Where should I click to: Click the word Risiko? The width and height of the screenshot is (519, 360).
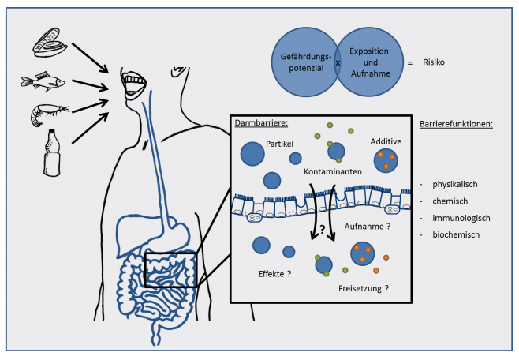pyautogui.click(x=435, y=60)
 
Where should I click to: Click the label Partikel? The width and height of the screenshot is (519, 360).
pyautogui.click(x=282, y=144)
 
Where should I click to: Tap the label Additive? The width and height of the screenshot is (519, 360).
pyautogui.click(x=386, y=140)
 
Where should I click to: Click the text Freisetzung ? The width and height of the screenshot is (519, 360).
pyautogui.click(x=364, y=289)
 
